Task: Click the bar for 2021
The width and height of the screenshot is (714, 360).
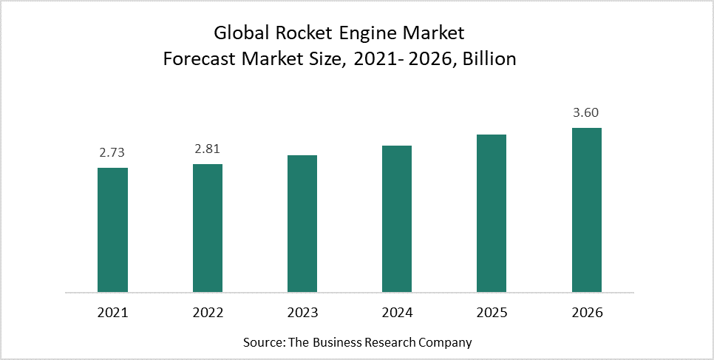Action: coord(112,229)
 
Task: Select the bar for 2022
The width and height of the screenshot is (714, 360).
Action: coord(208,228)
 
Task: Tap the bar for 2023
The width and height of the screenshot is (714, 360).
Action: coord(302,223)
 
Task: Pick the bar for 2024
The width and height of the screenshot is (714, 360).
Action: coord(397,218)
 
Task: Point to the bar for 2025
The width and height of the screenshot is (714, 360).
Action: coord(492,213)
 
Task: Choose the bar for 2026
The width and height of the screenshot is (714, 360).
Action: coord(587,209)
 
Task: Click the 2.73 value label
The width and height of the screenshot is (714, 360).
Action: coord(112,153)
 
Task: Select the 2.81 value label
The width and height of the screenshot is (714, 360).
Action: coord(208,149)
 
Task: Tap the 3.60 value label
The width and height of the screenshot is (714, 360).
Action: coord(587,113)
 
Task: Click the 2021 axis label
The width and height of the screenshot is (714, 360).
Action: coord(112,313)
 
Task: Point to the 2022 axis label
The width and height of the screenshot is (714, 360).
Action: coord(208,313)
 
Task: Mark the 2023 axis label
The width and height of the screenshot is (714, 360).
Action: coord(302,313)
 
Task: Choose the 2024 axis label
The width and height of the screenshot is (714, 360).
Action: coord(397,313)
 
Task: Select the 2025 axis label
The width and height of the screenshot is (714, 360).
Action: coord(492,313)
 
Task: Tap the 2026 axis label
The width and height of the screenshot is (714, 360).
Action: coord(587,313)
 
